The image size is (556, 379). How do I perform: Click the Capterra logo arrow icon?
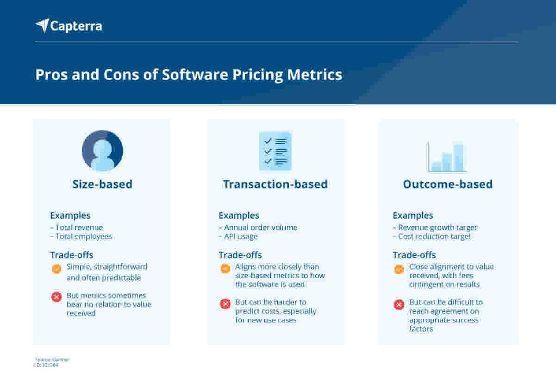click(43, 25)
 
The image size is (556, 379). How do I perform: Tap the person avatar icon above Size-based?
click(102, 151)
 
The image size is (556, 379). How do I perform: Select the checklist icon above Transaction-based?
click(275, 151)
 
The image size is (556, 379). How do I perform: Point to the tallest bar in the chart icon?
click(458, 158)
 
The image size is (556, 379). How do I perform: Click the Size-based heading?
click(102, 184)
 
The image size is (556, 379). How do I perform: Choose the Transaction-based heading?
click(275, 184)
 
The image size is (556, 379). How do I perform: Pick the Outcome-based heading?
click(448, 184)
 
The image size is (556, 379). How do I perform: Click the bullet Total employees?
click(83, 236)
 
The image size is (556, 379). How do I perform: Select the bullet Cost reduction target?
click(434, 236)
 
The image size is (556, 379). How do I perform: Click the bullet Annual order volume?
click(260, 227)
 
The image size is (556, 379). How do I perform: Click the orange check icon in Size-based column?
click(56, 269)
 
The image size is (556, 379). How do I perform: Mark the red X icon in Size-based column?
click(56, 297)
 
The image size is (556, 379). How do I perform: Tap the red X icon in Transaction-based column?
click(225, 304)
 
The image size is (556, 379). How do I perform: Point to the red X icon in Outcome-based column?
click(399, 304)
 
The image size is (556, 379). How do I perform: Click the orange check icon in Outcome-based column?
click(399, 269)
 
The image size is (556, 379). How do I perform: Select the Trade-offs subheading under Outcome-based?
click(414, 255)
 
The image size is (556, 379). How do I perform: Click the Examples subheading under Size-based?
click(70, 215)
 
